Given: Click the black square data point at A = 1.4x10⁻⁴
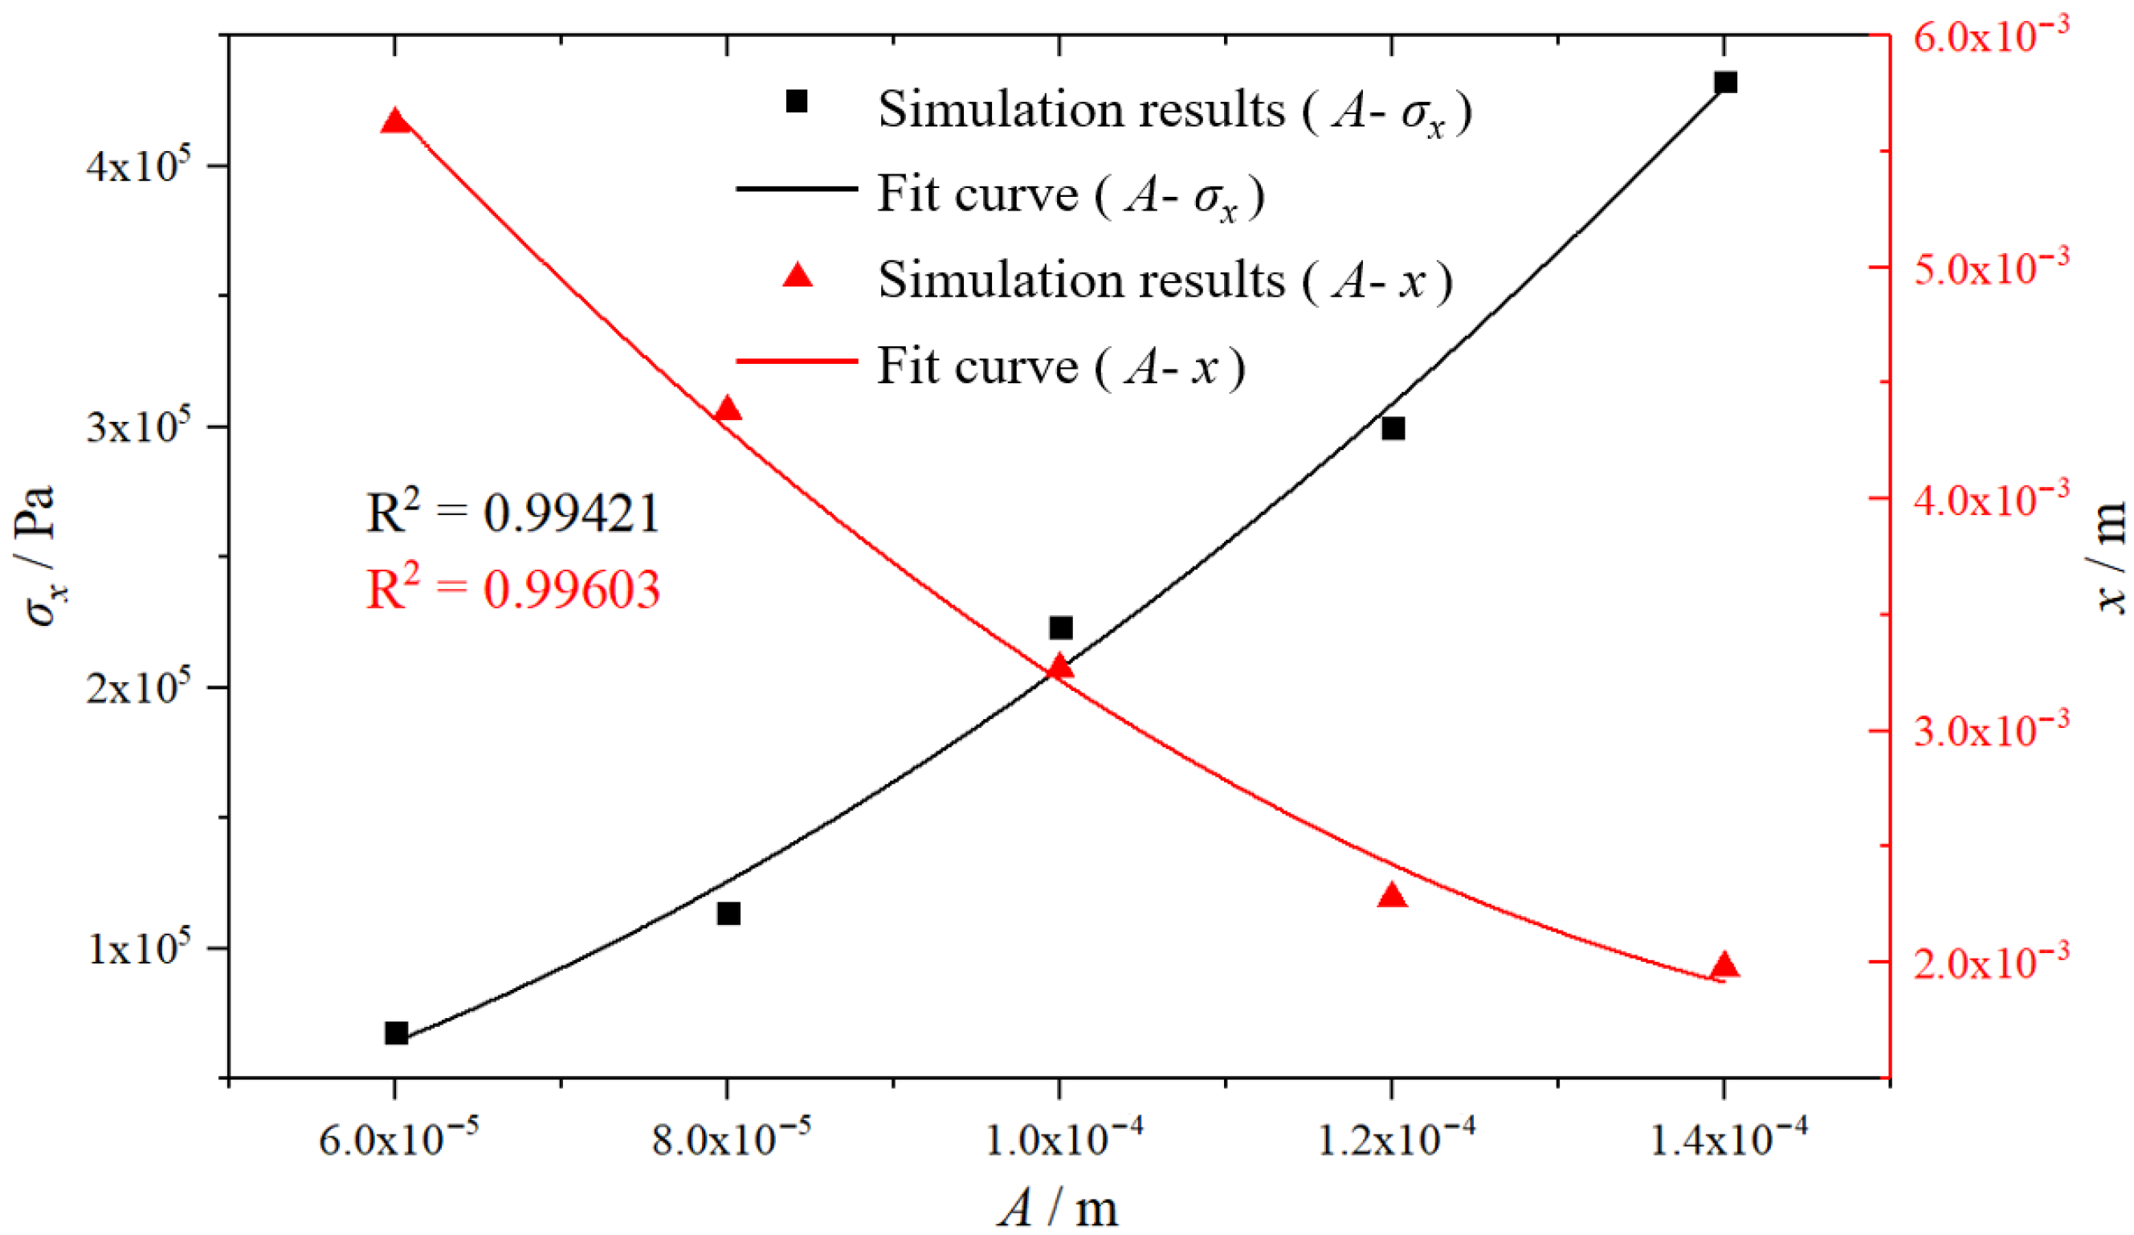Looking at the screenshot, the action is pos(1725,83).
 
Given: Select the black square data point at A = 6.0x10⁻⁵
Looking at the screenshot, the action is pos(396,1033).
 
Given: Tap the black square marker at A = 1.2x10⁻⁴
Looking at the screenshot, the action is pos(1393,428).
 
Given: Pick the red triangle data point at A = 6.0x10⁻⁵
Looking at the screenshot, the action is pos(395,121).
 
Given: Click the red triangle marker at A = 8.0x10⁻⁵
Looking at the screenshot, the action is pos(728,408).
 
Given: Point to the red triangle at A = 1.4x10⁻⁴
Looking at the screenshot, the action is pos(1724,966).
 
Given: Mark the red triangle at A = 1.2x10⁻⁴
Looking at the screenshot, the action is pos(1392,895).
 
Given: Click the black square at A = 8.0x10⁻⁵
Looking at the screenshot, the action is pos(729,914).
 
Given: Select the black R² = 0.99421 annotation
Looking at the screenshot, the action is pos(513,513).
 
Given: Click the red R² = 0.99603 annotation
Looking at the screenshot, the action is pos(513,589).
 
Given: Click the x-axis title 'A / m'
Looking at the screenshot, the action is pos(1059,1206).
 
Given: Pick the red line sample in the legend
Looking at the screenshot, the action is pos(797,360).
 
